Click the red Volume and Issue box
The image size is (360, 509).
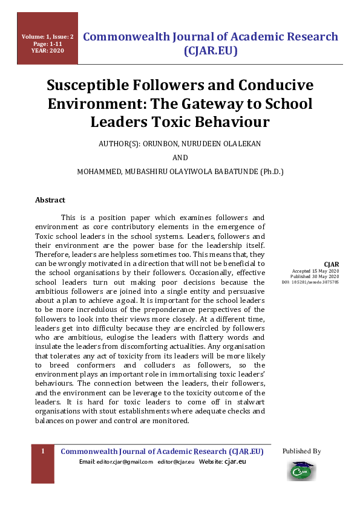(48, 38)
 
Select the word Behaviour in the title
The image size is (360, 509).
(232, 122)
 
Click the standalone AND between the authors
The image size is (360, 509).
(180, 157)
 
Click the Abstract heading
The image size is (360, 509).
(50, 199)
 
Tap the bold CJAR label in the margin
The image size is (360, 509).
(332, 264)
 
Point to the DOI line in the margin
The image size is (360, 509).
(310, 282)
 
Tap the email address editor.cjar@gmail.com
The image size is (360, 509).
(116, 462)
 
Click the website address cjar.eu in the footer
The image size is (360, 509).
(235, 462)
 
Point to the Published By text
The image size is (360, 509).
(301, 451)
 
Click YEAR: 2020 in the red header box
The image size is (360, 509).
(48, 50)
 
